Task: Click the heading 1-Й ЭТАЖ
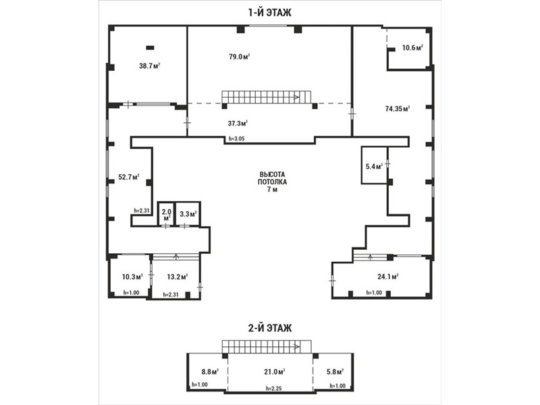(x=269, y=12)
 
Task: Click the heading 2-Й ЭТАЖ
(x=269, y=328)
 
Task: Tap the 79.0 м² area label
(x=240, y=57)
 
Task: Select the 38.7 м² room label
(x=149, y=65)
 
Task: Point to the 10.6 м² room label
(x=412, y=47)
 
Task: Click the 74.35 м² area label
(x=398, y=109)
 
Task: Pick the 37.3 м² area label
(x=238, y=123)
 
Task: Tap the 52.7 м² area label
(x=129, y=178)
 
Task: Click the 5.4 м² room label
(x=375, y=167)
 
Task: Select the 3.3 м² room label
(x=188, y=214)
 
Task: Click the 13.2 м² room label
(x=178, y=277)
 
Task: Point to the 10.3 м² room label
(x=132, y=277)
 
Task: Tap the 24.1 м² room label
(x=388, y=276)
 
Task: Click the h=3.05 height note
(x=237, y=139)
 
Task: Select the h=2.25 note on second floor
(x=274, y=388)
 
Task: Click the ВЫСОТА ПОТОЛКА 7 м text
(x=272, y=182)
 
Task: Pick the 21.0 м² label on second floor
(x=274, y=372)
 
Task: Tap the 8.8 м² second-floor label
(x=210, y=372)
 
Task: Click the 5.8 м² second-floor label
(x=335, y=372)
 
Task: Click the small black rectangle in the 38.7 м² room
(x=150, y=48)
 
